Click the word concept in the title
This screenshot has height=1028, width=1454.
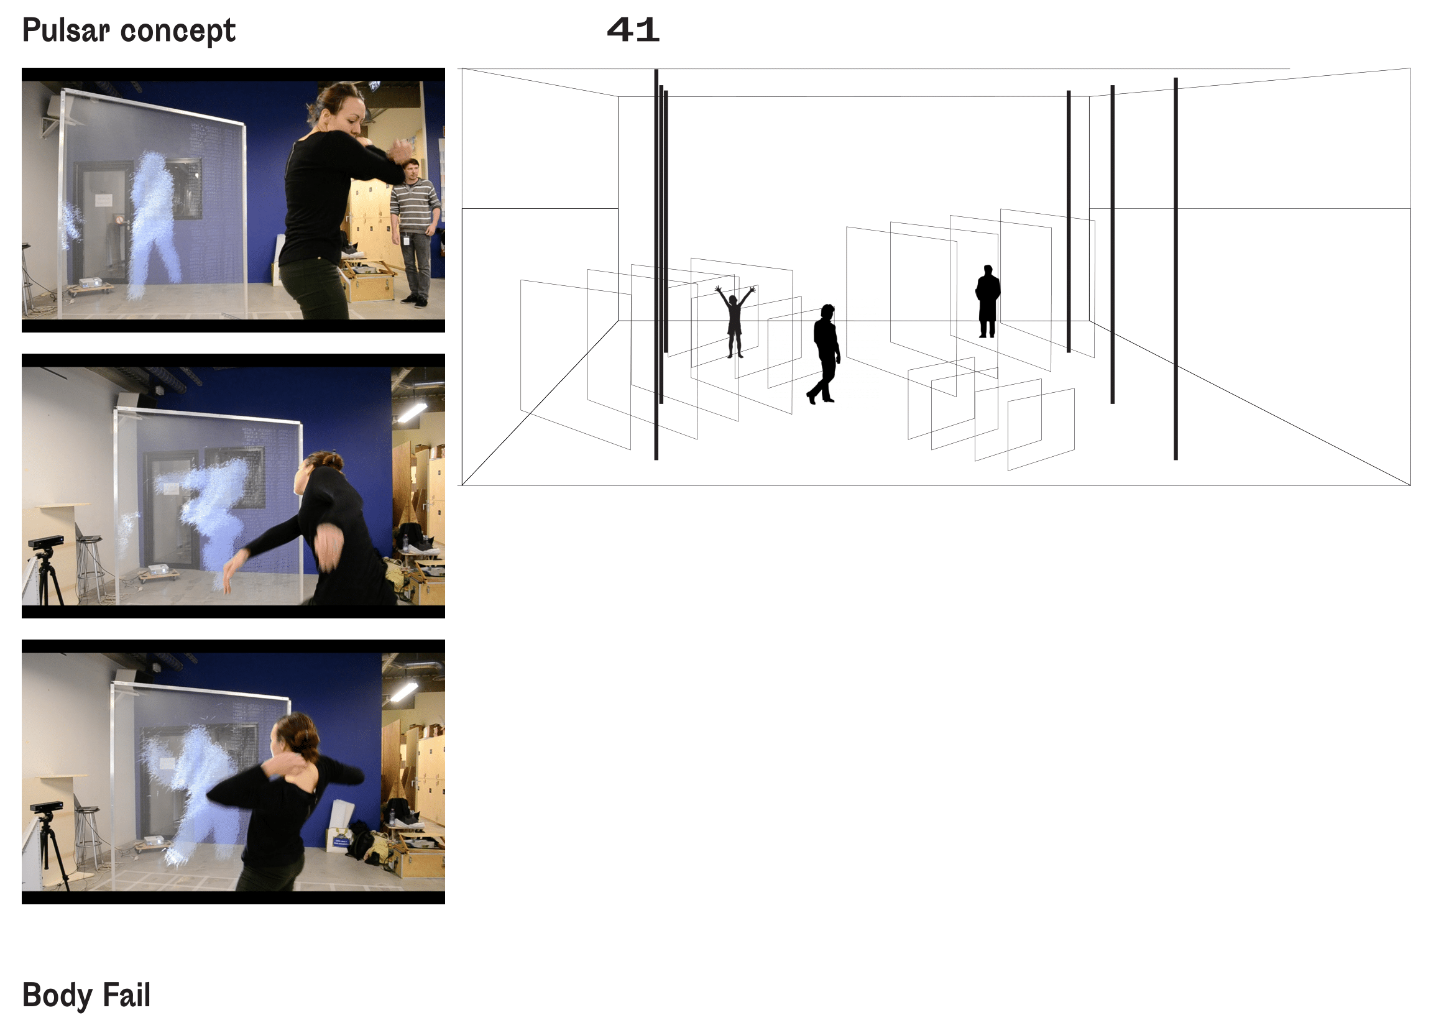click(x=178, y=32)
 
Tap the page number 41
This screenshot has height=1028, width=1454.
click(x=633, y=30)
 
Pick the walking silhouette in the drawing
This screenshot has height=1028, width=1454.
click(x=824, y=354)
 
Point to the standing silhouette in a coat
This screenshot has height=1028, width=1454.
click(x=987, y=301)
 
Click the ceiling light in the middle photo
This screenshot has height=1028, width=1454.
click(x=412, y=412)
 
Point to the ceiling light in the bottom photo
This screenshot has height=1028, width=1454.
click(x=404, y=691)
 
